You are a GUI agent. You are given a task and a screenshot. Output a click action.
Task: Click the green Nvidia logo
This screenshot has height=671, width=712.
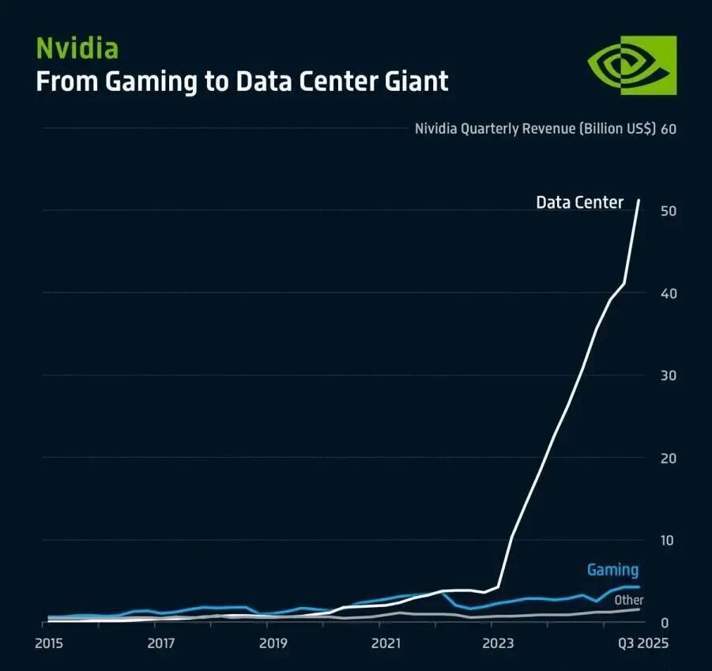point(632,65)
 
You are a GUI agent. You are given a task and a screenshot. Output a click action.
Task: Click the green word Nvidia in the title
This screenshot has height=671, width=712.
point(77,48)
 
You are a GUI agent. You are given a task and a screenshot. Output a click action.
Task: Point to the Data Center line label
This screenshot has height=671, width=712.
point(579,202)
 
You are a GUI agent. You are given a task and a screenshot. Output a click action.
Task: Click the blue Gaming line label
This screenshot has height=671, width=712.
point(612,569)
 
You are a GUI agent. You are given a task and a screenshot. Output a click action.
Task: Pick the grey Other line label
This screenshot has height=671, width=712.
point(629,601)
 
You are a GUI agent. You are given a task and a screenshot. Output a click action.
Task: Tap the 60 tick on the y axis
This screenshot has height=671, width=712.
point(668,129)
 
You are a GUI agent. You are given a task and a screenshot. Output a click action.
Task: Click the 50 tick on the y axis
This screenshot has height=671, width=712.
point(668,211)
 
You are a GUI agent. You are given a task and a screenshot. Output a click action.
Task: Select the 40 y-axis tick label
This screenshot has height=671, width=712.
point(668,293)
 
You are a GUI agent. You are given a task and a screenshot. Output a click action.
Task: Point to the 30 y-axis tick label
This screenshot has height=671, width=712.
point(668,375)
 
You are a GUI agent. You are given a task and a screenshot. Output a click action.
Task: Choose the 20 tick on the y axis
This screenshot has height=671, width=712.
point(668,458)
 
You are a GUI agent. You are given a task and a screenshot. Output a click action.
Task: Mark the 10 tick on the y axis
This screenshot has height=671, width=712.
point(668,541)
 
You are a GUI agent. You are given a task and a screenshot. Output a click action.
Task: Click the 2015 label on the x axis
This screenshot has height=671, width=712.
point(49,643)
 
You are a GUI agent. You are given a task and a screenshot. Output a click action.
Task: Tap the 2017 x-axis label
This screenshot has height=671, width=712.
point(160,643)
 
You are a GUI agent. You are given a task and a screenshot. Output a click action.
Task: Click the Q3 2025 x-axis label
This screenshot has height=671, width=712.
point(642,643)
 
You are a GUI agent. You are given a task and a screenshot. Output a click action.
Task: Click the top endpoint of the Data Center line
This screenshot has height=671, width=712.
point(639,200)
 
